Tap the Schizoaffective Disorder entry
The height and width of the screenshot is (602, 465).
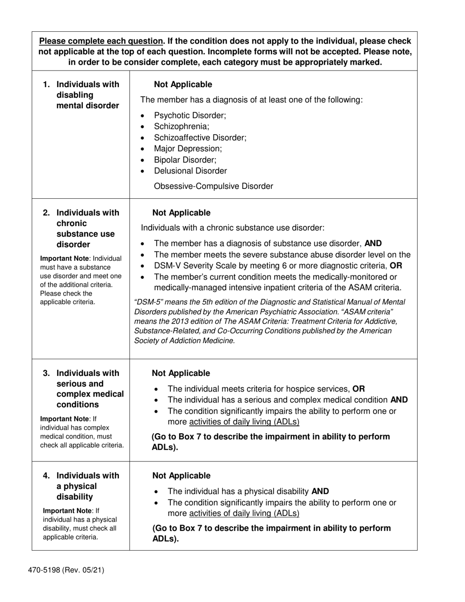pyautogui.click(x=200, y=138)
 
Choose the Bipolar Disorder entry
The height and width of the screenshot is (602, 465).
pyautogui.click(x=185, y=160)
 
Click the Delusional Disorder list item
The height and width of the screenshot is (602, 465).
pyautogui.click(x=190, y=171)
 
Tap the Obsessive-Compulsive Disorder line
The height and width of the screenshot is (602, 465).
pyautogui.click(x=213, y=186)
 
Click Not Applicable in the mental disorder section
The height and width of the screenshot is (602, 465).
pyautogui.click(x=183, y=84)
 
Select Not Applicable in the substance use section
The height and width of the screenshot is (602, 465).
pyautogui.click(x=182, y=212)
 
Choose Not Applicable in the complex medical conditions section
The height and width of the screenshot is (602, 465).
pyautogui.click(x=181, y=373)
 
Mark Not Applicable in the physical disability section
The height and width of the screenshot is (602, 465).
pyautogui.click(x=182, y=475)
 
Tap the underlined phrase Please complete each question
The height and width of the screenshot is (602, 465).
pyautogui.click(x=101, y=41)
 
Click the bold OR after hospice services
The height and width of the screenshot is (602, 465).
pyautogui.click(x=358, y=389)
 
